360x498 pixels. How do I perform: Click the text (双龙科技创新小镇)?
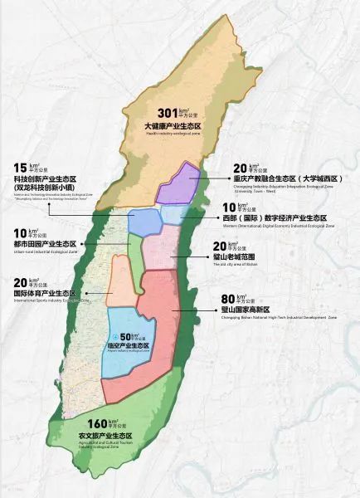[x=46, y=188]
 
